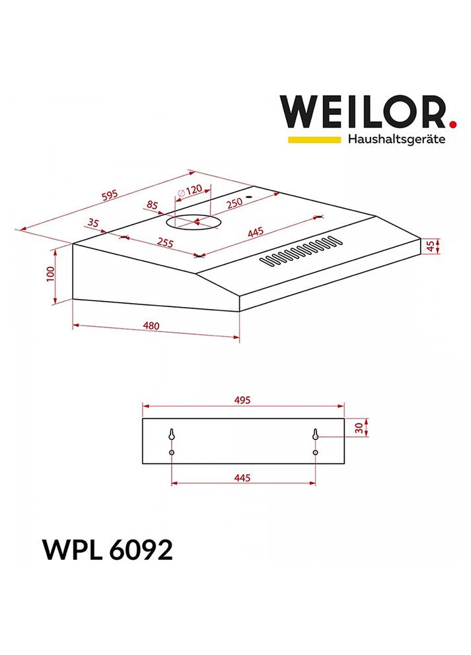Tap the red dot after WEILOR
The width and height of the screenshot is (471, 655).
[x=453, y=123]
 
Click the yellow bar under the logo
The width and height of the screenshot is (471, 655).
[x=313, y=139]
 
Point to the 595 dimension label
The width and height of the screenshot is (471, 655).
[x=109, y=195]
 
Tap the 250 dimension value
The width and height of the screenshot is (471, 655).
[x=235, y=203]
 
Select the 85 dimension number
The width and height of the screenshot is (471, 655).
[x=153, y=205]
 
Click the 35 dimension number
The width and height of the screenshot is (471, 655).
[x=93, y=223]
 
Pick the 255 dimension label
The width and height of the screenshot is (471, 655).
[x=164, y=242]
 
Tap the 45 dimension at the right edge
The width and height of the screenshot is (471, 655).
[x=431, y=246]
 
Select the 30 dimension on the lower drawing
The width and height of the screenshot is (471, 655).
[x=359, y=428]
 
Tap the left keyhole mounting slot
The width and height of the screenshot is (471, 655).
[x=172, y=436]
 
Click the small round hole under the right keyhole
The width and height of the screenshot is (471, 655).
[x=316, y=452]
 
